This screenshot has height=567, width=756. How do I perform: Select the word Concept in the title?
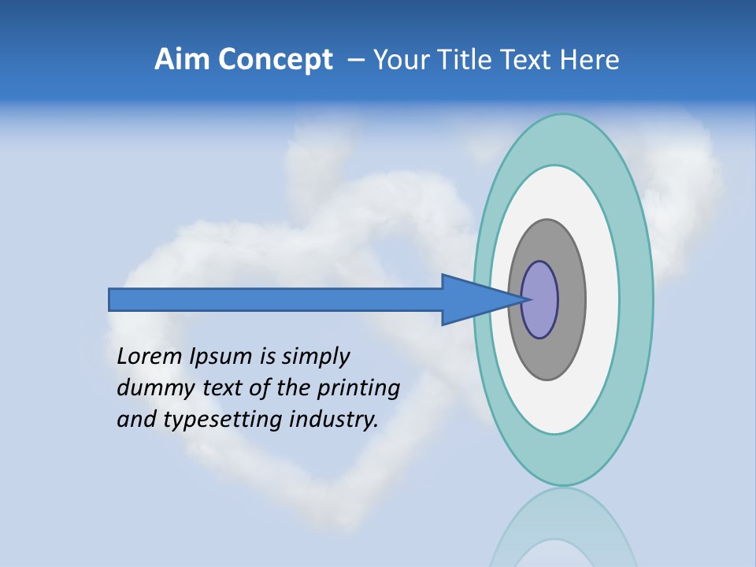tap(275, 61)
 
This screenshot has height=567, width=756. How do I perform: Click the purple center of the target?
tap(539, 300)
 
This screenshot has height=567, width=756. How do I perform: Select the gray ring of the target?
tap(570, 299)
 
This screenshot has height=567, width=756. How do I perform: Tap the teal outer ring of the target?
tap(636, 299)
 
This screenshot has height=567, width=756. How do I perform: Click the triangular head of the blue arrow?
tap(472, 300)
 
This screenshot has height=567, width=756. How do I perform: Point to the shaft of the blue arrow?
tap(276, 300)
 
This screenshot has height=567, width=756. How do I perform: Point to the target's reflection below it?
tap(563, 535)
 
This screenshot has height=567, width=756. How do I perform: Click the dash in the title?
tap(355, 61)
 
